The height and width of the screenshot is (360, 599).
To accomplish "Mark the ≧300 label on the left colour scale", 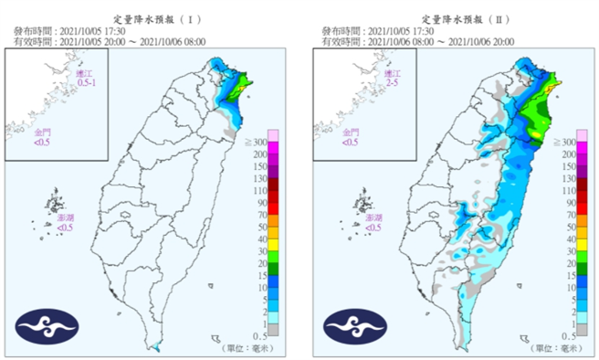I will point(257,143).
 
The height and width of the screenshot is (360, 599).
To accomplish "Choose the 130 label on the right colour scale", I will point(568,191).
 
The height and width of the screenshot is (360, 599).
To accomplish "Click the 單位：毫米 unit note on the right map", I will point(552,348).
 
